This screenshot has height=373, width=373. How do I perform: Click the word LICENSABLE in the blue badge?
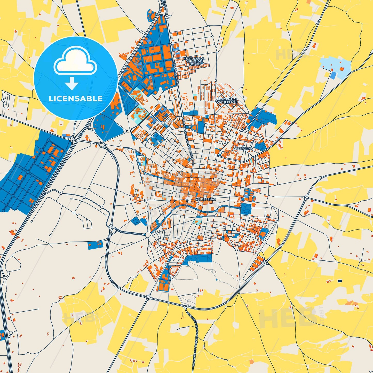click(x=76, y=99)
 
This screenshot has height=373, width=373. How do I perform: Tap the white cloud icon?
click(x=75, y=61)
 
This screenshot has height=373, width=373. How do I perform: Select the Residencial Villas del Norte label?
click(x=195, y=61)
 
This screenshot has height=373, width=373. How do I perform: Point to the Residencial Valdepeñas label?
click(x=227, y=100)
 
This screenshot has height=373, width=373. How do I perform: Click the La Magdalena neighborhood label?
click(x=243, y=147)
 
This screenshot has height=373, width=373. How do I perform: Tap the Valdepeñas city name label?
click(x=205, y=199)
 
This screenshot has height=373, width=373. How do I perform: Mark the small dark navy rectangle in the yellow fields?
click(x=340, y=281)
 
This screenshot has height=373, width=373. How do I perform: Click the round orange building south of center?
click(x=226, y=239)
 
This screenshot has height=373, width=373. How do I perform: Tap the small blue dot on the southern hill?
click(x=216, y=280)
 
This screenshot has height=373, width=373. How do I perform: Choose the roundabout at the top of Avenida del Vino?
click(x=167, y=17)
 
